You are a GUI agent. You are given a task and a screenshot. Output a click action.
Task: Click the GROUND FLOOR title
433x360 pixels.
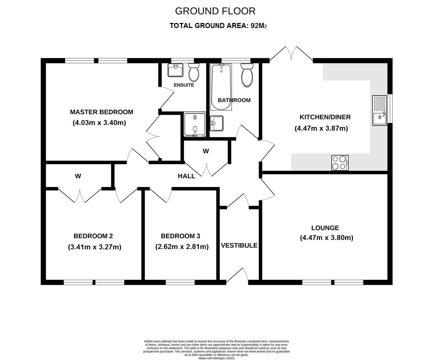coord(215,11)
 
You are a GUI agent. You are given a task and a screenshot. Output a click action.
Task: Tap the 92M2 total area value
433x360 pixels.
coord(259,26)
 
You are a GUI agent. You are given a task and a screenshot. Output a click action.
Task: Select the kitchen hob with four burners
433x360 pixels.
coord(340,163)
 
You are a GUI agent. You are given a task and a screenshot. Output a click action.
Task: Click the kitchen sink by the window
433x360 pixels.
coord(379,110)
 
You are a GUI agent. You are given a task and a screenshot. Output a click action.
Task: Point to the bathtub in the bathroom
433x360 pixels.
coord(221,87)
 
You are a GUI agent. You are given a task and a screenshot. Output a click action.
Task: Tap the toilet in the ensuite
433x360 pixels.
coord(194,72)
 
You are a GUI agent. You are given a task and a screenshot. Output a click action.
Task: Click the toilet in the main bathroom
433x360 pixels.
coord(247,75)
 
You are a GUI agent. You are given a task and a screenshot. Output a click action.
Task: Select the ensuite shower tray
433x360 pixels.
coord(195,125)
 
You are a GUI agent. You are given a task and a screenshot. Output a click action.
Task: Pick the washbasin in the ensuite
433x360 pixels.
coord(175,70)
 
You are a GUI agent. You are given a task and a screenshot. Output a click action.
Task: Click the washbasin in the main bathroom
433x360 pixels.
coord(217,123)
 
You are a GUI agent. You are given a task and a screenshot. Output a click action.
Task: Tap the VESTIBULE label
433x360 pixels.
coord(239,246)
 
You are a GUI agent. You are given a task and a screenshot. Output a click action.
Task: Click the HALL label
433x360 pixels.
coord(186,176)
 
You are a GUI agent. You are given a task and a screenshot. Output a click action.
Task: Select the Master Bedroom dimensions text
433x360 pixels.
coord(99,123)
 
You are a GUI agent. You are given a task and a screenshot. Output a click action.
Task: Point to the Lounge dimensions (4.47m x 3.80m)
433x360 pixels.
coord(327,238)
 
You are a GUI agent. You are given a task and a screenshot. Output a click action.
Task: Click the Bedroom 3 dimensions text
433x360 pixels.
coord(182,247)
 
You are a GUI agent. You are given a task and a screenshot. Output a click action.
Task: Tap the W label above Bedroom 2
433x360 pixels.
coord(78,176)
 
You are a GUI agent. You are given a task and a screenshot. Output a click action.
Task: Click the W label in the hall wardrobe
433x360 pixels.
coord(206,151)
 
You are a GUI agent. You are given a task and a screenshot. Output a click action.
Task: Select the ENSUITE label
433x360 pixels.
coord(184,85)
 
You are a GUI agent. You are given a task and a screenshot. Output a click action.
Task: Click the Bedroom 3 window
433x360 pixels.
coord(180,282)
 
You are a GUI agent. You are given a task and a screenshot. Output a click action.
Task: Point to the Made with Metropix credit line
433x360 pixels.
coord(217,358)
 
